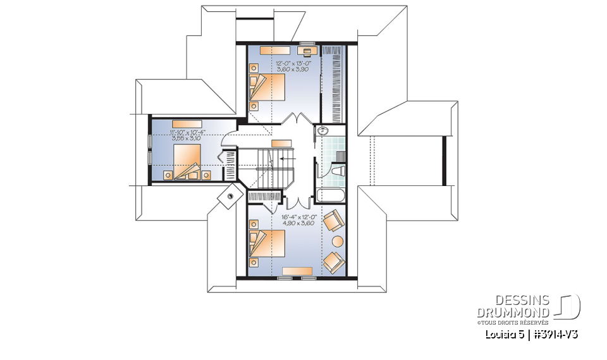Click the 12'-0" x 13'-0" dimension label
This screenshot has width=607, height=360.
[291, 63]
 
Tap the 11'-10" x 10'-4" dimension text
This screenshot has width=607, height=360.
[188, 132]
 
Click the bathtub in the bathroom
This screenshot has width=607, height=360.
[329, 196]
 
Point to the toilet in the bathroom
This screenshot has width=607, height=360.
[337, 170]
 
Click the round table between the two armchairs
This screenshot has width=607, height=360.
[338, 241]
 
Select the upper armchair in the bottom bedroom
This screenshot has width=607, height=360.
[333, 221]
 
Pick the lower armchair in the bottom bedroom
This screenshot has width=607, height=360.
[333, 261]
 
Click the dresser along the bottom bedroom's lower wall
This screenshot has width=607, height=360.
[297, 271]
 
